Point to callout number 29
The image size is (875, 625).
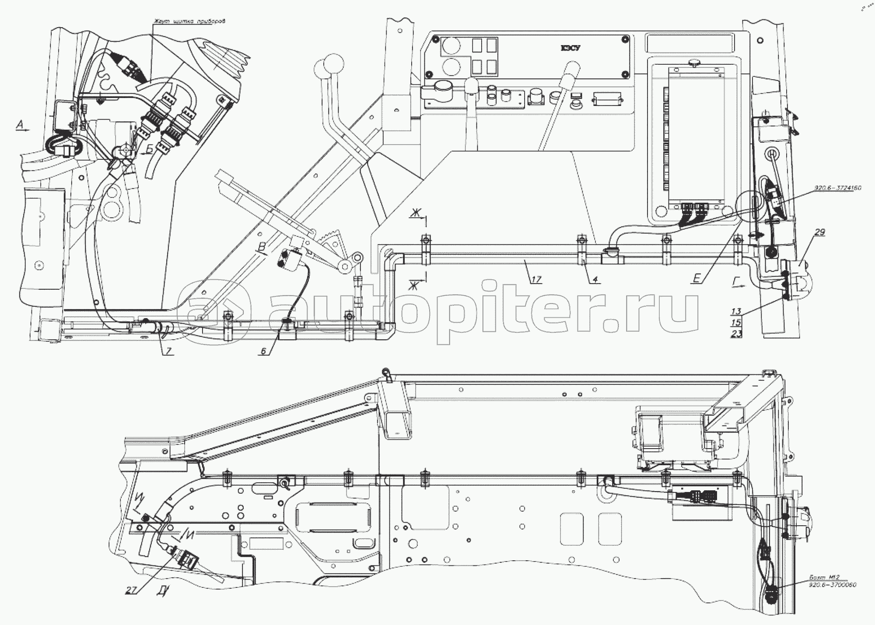pos(819,232)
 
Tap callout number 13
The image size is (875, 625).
pos(736,312)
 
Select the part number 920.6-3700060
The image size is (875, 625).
pos(832,585)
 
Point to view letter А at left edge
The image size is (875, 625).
pos(20,126)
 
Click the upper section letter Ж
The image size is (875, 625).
pos(415,213)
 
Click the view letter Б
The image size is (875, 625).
pos(149,150)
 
